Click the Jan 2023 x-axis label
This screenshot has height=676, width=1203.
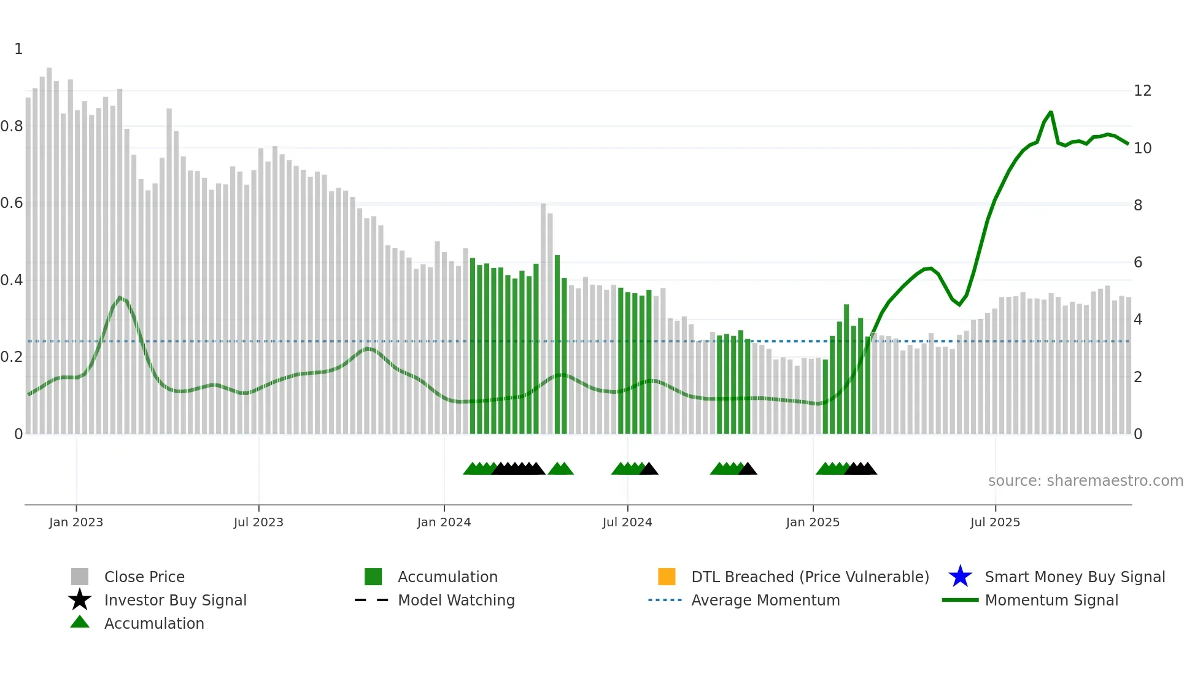76,523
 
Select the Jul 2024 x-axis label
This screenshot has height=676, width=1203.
627,523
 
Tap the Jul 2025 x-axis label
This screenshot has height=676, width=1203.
995,523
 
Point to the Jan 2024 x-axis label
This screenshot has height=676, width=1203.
444,523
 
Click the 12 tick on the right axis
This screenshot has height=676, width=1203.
1142,91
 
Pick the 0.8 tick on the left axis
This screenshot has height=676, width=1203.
12,126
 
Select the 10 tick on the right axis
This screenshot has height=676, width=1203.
1142,148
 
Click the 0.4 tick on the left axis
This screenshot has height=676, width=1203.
12,280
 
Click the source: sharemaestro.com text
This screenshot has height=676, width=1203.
1085,481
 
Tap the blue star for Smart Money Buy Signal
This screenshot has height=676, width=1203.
960,577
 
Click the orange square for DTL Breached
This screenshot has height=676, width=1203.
667,577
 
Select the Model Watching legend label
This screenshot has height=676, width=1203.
456,601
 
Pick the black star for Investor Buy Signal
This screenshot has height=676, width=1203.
80,600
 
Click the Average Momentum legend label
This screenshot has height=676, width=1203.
765,601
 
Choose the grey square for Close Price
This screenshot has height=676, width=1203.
80,577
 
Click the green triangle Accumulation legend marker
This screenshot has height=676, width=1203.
80,622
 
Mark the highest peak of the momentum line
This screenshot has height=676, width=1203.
1051,112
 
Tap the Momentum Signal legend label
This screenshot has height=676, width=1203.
1051,601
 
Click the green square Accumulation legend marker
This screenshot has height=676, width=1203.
373,577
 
